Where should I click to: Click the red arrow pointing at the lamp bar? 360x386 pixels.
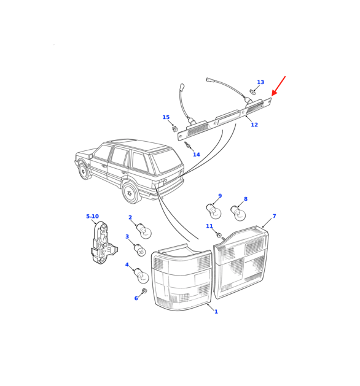(x=278, y=86)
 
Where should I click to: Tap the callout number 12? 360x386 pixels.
(x=254, y=125)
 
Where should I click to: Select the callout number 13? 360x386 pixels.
(x=260, y=82)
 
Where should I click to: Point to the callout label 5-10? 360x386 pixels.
(x=92, y=217)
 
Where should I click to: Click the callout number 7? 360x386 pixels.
(x=274, y=216)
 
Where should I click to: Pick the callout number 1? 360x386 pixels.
(x=216, y=312)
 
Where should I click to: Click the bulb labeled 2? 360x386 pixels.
(x=144, y=231)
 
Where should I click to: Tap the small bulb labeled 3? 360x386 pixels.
(x=139, y=250)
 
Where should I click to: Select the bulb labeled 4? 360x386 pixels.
(x=141, y=276)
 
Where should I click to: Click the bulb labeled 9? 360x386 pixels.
(x=213, y=210)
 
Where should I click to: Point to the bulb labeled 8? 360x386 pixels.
(x=238, y=213)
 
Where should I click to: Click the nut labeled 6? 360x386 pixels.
(x=144, y=291)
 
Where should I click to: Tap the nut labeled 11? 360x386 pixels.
(x=219, y=235)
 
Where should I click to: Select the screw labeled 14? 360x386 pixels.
(x=187, y=145)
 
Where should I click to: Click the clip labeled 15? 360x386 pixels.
(x=174, y=128)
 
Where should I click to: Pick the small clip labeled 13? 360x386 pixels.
(x=252, y=92)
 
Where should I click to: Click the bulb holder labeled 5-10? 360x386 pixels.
(x=103, y=243)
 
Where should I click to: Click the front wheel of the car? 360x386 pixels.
(x=83, y=171)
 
